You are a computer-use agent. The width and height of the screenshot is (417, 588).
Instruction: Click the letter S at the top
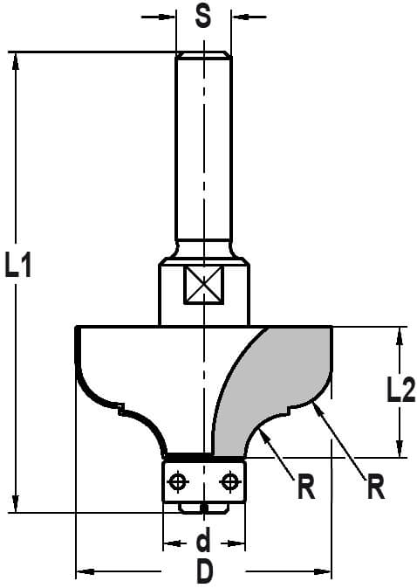pos(203,17)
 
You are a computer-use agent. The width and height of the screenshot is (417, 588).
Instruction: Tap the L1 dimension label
pos(17,265)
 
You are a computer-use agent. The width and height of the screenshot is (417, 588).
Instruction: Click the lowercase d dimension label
pos(203,539)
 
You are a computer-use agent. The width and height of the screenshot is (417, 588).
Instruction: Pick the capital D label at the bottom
pos(204,571)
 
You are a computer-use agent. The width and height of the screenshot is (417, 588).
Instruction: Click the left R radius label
pos(306,487)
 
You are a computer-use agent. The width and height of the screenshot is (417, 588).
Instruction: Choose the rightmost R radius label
pos(376,487)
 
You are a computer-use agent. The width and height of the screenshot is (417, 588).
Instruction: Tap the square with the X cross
pos(203,285)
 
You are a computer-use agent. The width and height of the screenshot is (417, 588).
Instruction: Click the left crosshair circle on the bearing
pos(178,481)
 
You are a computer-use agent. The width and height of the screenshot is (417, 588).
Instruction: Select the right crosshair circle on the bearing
pos(229,481)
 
